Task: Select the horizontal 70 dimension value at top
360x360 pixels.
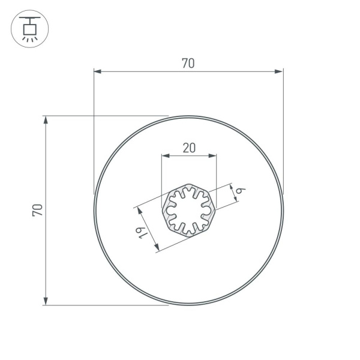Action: pyautogui.click(x=188, y=63)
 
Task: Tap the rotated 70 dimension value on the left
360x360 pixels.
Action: pyautogui.click(x=37, y=210)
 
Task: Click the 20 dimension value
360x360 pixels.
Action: pyautogui.click(x=188, y=148)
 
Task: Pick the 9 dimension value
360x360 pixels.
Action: pyautogui.click(x=241, y=190)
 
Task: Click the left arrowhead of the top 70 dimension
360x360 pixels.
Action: pyautogui.click(x=98, y=71)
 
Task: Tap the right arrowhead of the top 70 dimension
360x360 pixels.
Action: pyautogui.click(x=279, y=71)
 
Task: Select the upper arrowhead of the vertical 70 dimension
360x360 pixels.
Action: pyautogui.click(x=46, y=120)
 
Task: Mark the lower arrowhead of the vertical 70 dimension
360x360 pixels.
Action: pyautogui.click(x=46, y=301)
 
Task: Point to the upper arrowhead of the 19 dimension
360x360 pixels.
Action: pyautogui.click(x=139, y=211)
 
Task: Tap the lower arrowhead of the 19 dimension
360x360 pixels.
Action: pyautogui.click(x=157, y=247)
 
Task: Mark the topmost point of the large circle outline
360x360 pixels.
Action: pyautogui.click(x=189, y=116)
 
